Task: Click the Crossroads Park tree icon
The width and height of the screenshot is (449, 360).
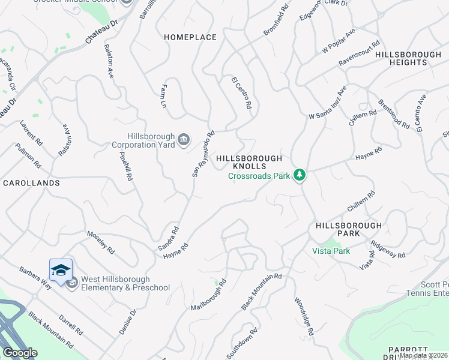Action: click(300, 175)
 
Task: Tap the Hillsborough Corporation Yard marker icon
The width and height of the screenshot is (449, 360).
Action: click(184, 140)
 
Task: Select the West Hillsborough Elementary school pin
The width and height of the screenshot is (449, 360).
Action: click(61, 271)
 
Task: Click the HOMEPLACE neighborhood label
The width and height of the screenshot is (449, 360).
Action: click(190, 37)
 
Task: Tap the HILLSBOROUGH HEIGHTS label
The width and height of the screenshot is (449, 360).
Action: click(408, 58)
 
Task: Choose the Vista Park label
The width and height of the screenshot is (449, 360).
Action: click(331, 251)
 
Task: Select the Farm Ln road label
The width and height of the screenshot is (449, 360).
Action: click(163, 96)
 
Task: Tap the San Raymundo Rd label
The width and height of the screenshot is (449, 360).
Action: click(203, 154)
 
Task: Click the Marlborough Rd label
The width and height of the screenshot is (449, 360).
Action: click(208, 294)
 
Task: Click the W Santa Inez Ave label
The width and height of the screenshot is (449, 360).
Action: click(328, 103)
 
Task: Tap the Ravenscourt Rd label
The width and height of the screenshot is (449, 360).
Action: click(360, 53)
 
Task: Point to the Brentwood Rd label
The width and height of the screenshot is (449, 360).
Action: click(394, 114)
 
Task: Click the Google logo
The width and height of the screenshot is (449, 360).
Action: click(20, 353)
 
